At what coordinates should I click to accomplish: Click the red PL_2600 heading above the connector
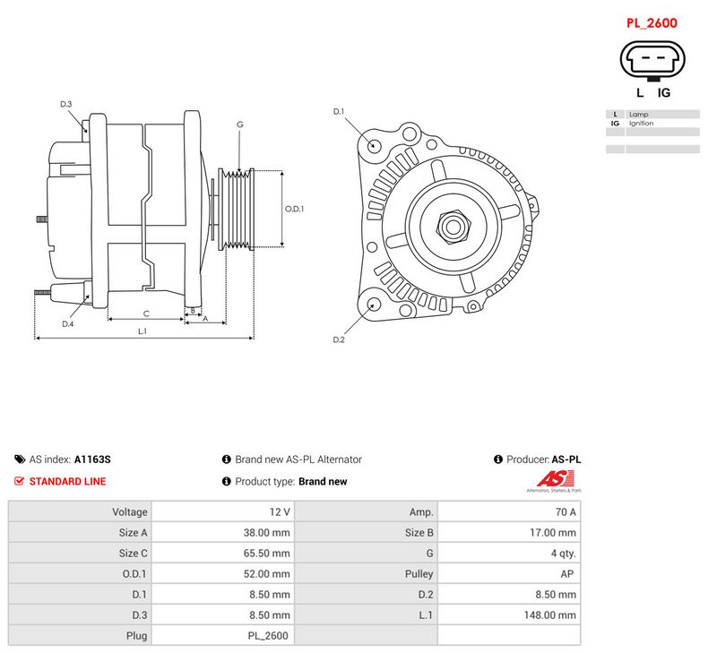[x=652, y=23]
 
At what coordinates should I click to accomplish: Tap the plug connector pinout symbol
[x=652, y=60]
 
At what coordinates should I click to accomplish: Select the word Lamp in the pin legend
[x=638, y=115]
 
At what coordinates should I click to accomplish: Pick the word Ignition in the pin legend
[x=641, y=124]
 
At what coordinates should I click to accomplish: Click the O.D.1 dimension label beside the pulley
[x=294, y=209]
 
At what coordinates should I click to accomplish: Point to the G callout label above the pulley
[x=240, y=125]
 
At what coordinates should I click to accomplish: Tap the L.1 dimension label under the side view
[x=143, y=331]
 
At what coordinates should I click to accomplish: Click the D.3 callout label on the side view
[x=66, y=104]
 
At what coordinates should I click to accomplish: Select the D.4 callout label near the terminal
[x=68, y=324]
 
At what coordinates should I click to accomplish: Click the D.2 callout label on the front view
[x=339, y=339]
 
